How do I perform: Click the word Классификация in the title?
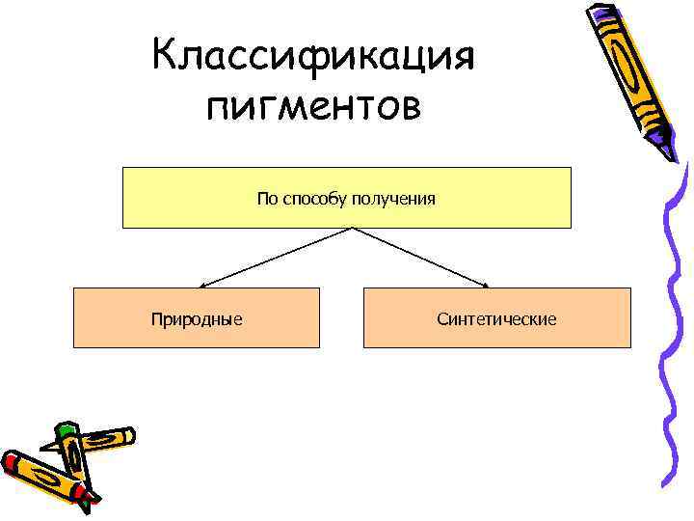313,56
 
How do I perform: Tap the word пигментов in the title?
313,104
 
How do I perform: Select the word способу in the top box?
321,199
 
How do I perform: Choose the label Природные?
196,318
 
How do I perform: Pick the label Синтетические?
496,318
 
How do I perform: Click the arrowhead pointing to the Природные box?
203,285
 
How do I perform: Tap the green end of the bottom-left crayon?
65,430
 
